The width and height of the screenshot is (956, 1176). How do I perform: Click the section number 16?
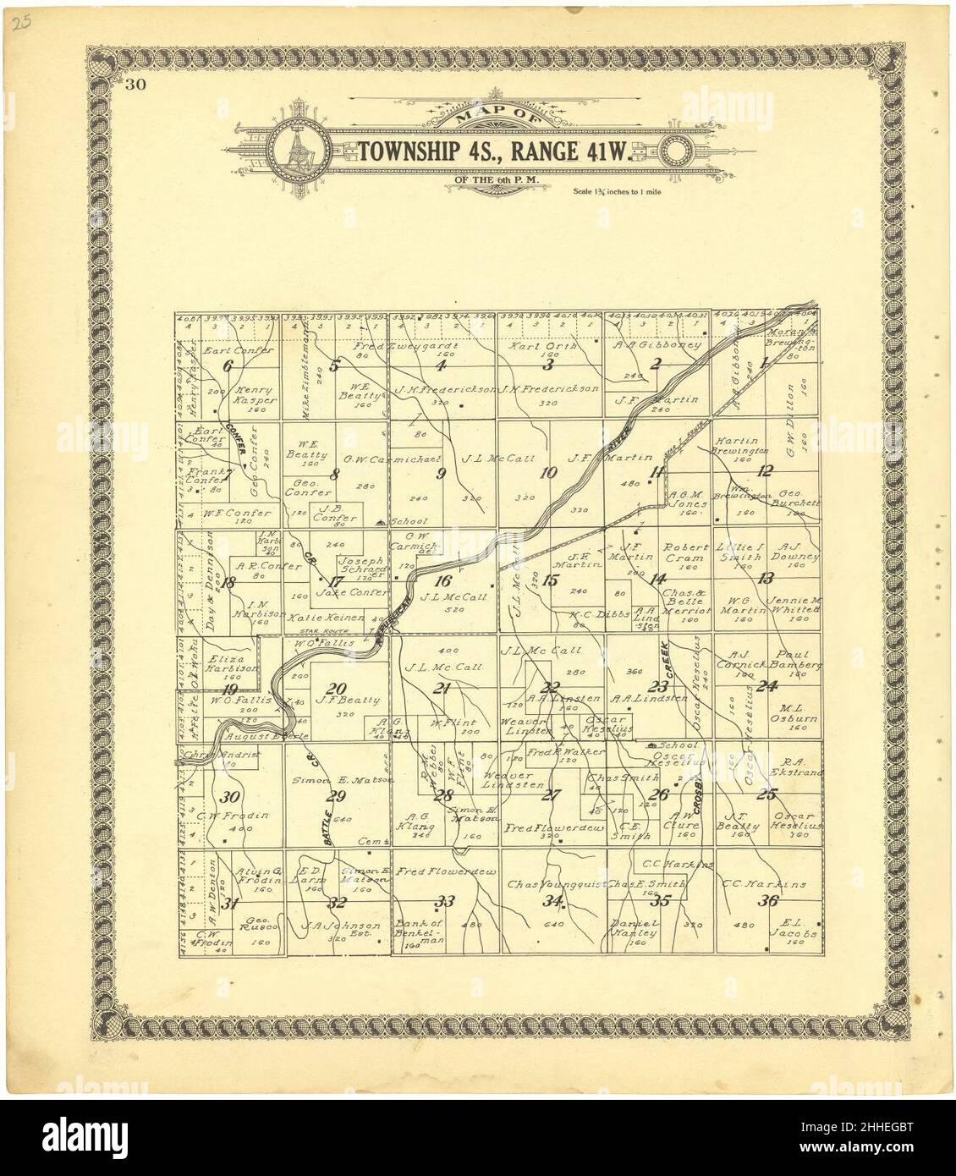pyautogui.click(x=442, y=580)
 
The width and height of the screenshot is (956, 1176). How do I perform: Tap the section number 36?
pyautogui.click(x=768, y=901)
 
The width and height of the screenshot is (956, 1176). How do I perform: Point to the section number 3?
pyautogui.click(x=548, y=365)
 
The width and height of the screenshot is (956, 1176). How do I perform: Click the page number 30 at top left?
pyautogui.click(x=135, y=83)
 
